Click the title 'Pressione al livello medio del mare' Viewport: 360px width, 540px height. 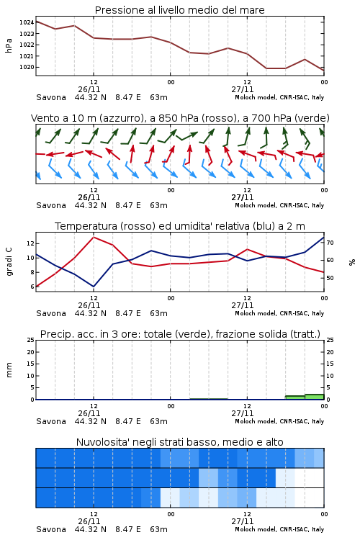[179, 10]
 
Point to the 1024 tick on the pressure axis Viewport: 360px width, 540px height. [26, 22]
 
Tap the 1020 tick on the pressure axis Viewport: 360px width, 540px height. [26, 67]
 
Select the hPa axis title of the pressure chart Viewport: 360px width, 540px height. [9, 45]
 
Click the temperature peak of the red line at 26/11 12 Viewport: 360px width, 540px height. [94, 237]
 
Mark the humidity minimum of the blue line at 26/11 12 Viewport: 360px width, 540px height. [94, 287]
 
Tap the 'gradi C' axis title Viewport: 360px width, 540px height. [9, 261]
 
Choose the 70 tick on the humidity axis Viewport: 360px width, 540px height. [330, 243]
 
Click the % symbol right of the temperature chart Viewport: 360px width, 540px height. [352, 262]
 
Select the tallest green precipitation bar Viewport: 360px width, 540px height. [315, 397]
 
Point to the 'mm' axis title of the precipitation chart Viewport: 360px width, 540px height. [9, 370]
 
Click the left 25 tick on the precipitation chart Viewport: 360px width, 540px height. [31, 340]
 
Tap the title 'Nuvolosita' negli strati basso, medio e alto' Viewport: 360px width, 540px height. [179, 442]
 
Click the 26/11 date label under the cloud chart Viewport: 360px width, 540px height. [89, 521]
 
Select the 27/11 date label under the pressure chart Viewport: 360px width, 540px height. [243, 89]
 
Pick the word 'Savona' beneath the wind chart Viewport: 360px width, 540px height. [51, 205]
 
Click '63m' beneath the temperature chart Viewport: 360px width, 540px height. [159, 313]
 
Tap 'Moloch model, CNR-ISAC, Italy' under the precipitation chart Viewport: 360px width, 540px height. [279, 421]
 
